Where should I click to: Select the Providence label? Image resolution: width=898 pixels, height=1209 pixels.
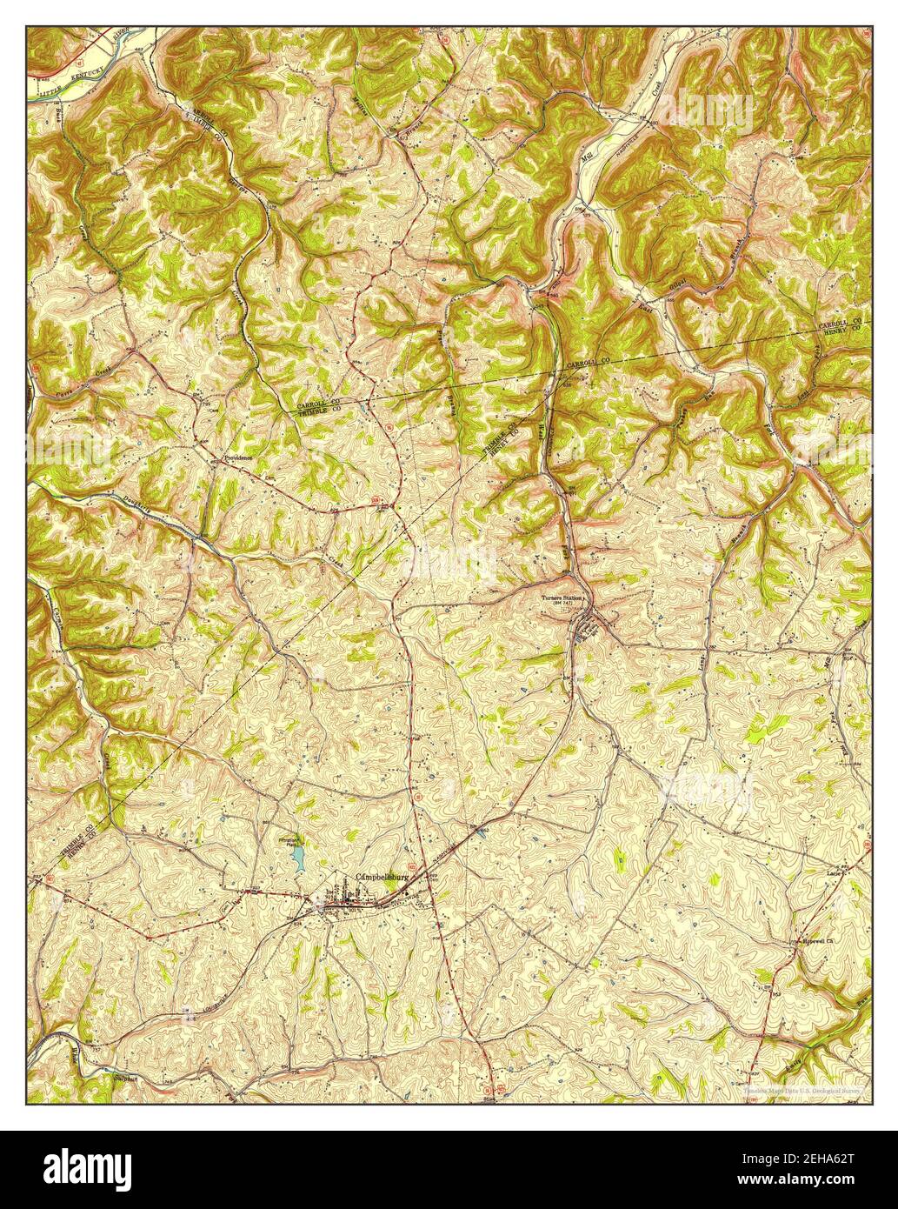click(237, 458)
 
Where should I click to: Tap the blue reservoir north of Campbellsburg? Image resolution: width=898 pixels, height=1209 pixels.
click(299, 860)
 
